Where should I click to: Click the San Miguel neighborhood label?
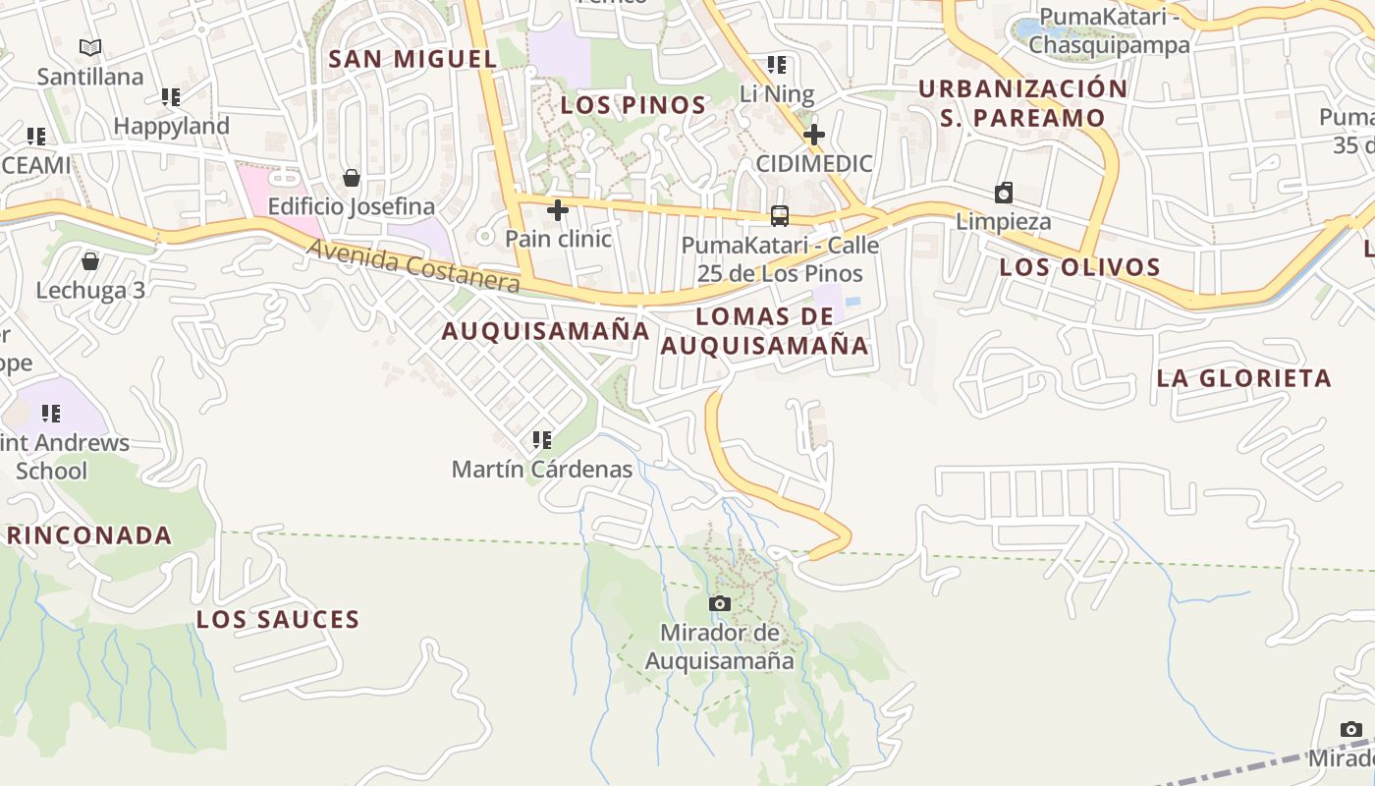(412, 59)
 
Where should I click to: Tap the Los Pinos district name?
(633, 105)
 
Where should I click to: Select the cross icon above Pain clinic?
(558, 210)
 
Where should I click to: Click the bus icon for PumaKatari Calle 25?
(780, 216)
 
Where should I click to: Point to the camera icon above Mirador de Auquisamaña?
(720, 603)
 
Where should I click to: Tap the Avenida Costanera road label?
(413, 264)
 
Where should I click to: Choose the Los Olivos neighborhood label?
(1079, 267)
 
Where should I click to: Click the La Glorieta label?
(1243, 378)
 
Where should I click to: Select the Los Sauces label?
(278, 620)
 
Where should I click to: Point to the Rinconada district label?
(89, 535)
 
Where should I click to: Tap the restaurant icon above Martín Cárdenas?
(541, 440)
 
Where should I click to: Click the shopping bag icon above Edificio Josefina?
(352, 178)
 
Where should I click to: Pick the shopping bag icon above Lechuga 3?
(90, 261)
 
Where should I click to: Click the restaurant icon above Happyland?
(171, 97)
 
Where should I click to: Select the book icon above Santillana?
(90, 47)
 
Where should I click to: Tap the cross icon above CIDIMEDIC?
(813, 135)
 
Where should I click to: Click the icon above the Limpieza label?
(1004, 193)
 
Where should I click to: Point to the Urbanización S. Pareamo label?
(1022, 103)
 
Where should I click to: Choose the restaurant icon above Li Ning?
(777, 66)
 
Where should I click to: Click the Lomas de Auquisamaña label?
(765, 331)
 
